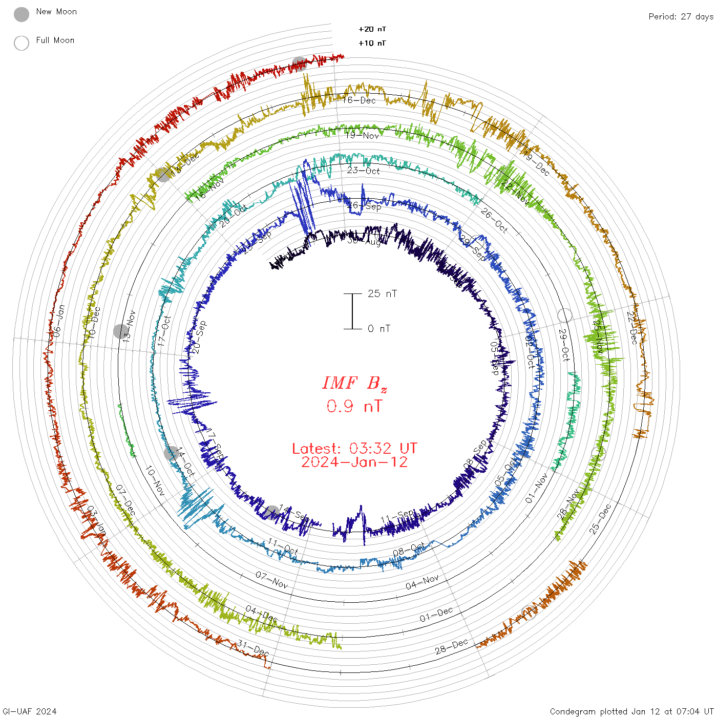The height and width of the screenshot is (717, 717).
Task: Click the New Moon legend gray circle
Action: click(22, 14)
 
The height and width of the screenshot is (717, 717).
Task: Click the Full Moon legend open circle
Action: click(22, 43)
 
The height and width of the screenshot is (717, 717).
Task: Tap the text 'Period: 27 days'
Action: click(681, 17)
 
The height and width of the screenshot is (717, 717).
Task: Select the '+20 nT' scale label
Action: click(372, 30)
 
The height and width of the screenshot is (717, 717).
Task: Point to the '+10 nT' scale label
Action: click(372, 44)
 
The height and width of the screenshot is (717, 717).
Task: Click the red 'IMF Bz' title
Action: click(354, 384)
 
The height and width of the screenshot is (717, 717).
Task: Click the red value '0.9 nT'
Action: click(354, 406)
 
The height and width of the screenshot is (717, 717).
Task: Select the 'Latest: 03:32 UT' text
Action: click(354, 449)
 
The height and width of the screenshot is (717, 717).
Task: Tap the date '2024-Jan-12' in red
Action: click(354, 462)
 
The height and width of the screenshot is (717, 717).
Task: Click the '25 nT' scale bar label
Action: click(382, 294)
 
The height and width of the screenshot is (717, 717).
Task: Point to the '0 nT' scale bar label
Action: click(379, 329)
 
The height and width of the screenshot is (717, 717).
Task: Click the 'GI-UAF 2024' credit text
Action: click(30, 711)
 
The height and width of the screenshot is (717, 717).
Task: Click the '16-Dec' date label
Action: click(360, 100)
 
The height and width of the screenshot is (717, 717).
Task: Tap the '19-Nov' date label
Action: click(362, 136)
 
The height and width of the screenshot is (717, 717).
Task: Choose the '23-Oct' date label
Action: click(363, 171)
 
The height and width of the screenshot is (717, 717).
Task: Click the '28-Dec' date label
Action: click(452, 646)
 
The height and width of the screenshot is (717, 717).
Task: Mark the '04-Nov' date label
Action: click(423, 582)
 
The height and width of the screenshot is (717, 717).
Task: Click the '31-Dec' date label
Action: click(253, 648)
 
